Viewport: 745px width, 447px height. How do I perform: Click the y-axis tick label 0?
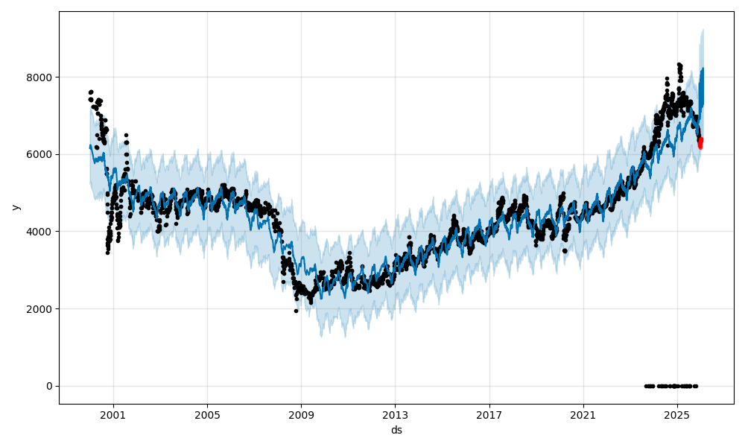(49, 386)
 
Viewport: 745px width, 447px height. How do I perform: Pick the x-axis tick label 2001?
(113, 415)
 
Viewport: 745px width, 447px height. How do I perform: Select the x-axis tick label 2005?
(207, 415)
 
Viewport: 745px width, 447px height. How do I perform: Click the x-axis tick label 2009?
(301, 415)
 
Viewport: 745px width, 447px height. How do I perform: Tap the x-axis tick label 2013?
(395, 415)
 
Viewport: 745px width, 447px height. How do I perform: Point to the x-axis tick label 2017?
(489, 415)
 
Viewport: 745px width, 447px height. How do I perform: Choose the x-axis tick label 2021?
(583, 415)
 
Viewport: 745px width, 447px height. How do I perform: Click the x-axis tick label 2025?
(676, 415)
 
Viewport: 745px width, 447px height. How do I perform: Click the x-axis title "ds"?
(396, 430)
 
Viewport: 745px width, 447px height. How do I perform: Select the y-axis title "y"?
(14, 207)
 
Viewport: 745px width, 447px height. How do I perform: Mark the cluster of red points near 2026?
(700, 142)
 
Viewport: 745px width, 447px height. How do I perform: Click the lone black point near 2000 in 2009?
(296, 311)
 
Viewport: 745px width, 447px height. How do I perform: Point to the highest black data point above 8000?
(679, 65)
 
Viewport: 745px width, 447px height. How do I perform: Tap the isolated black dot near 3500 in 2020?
(565, 251)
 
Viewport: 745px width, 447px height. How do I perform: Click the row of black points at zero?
(670, 386)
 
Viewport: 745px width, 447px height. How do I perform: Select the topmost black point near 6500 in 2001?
(126, 135)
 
